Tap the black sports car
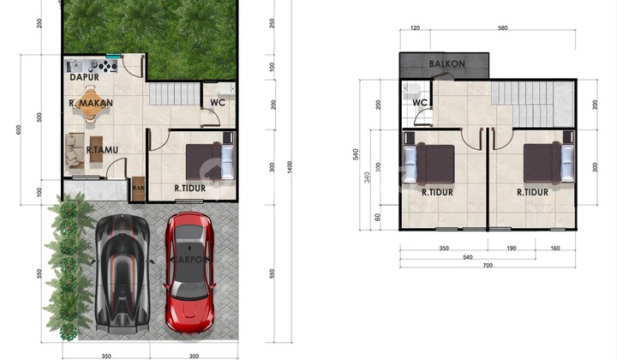pos(123,272)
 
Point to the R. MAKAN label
pos(92,105)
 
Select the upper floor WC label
pos(420,103)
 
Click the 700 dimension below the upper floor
pos(487,267)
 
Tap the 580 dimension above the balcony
pos(502,29)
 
